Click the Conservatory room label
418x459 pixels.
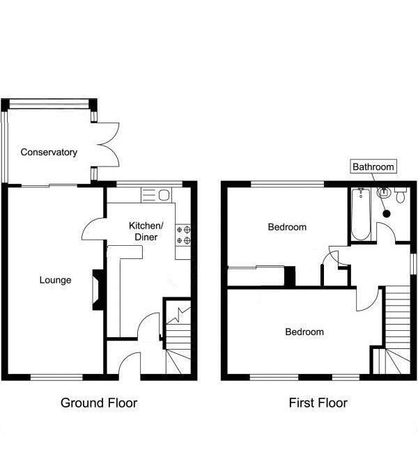(49, 152)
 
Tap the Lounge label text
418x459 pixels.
(55, 280)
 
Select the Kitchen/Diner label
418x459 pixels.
(146, 231)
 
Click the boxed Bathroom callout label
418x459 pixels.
(373, 166)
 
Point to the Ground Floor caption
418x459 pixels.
(99, 403)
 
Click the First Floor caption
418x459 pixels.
(318, 403)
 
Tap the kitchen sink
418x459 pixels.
(156, 195)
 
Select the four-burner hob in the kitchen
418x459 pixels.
(183, 235)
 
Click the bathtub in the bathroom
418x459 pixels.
(361, 215)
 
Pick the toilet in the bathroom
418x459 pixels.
(401, 195)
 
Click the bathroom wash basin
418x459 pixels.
(383, 193)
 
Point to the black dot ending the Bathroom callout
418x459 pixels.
(387, 214)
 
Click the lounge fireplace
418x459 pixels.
(98, 290)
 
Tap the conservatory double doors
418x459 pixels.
(108, 145)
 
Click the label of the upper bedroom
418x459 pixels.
(287, 227)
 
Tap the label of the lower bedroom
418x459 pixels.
(304, 332)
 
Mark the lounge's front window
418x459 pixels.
(57, 378)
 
